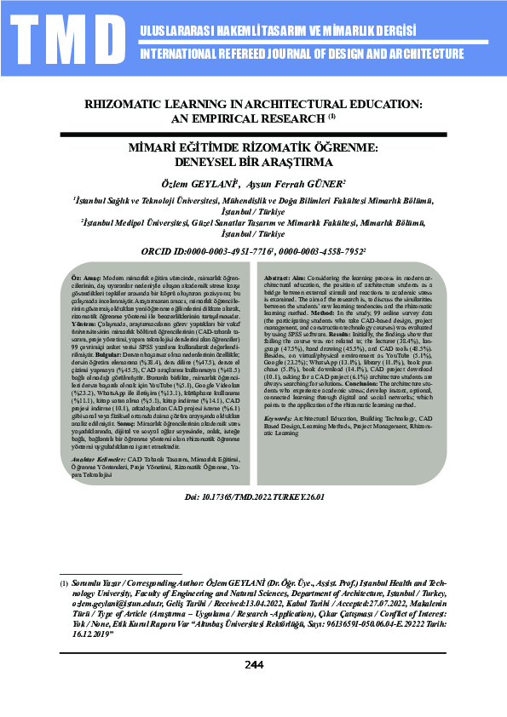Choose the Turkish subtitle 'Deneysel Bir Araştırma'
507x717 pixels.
[x=253, y=161]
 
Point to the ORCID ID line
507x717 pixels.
[x=253, y=252]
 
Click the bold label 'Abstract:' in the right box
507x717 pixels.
[x=279, y=279]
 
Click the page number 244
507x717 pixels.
[x=253, y=688]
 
